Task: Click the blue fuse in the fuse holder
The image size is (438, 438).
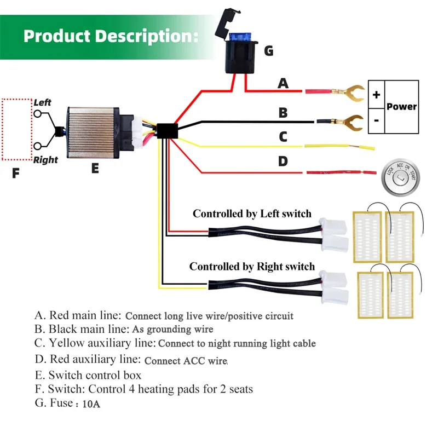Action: [x=240, y=38]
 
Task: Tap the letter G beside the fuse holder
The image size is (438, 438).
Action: [x=269, y=51]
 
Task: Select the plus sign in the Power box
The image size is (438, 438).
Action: [x=376, y=95]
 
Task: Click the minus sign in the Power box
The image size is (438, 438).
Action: [x=376, y=120]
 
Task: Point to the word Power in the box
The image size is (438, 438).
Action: [x=401, y=106]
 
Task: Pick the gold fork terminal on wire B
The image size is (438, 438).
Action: [x=353, y=122]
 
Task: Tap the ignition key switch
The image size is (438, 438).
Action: [x=401, y=177]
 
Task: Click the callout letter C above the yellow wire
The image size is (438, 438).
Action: [x=283, y=137]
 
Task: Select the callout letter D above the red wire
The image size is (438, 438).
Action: [x=283, y=162]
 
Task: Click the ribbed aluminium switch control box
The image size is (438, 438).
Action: [x=93, y=132]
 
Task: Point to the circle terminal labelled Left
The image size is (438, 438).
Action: [x=38, y=114]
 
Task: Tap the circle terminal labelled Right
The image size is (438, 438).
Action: [x=38, y=146]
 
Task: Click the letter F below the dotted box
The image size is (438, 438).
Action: [x=16, y=173]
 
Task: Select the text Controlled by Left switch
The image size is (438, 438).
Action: [x=252, y=214]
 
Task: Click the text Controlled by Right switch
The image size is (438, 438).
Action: [x=252, y=267]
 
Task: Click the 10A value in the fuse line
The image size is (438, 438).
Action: [x=91, y=404]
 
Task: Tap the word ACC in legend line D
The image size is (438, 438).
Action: [x=194, y=361]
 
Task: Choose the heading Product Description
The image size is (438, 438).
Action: [x=111, y=36]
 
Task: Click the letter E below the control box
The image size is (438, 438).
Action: [x=95, y=169]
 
